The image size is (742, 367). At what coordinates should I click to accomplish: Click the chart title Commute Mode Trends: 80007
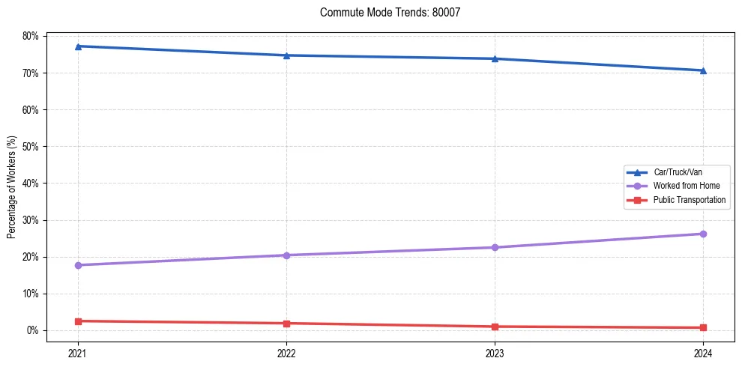coord(390,13)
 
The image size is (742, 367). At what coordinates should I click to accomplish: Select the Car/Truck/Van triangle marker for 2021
coord(78,46)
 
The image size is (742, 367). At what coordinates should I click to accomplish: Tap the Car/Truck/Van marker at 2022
coord(286,55)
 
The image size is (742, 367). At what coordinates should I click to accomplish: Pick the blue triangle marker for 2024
coord(703,70)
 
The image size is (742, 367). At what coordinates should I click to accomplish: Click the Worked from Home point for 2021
coord(78,265)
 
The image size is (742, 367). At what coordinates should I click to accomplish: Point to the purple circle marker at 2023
coord(495,247)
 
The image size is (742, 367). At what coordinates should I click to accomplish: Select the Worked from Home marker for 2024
coord(703,234)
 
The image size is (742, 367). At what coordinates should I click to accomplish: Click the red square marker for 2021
coord(78,321)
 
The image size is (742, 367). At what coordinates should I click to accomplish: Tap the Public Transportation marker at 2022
coord(286,324)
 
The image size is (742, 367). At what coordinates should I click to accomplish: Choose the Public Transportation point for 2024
coord(703,327)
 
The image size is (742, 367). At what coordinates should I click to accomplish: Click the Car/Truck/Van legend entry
coord(678,172)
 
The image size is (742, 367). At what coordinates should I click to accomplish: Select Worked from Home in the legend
coord(686,186)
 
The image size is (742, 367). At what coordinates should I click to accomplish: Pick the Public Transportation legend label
coord(689,200)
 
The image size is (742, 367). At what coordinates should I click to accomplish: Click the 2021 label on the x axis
coord(78,352)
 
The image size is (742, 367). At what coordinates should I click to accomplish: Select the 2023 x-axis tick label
coord(495,352)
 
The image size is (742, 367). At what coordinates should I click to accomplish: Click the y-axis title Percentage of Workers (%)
coord(12,186)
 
